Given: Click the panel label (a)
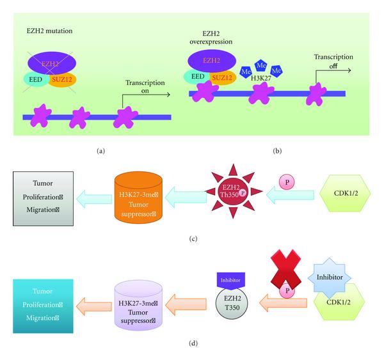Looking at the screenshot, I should [x=100, y=152].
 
